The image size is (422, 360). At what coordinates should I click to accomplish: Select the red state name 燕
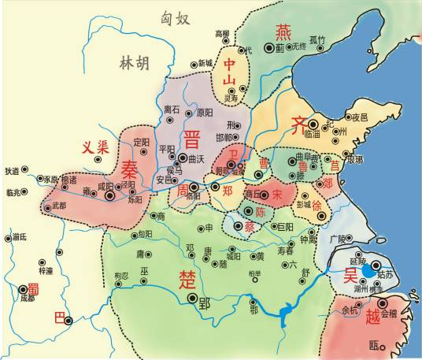283,32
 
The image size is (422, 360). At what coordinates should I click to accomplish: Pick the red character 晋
191,139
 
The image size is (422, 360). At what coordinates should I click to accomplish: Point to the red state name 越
373,317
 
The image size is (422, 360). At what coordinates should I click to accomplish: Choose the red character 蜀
33,288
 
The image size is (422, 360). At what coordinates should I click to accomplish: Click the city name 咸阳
105,187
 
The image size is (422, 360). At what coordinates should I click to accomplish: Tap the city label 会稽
389,312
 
